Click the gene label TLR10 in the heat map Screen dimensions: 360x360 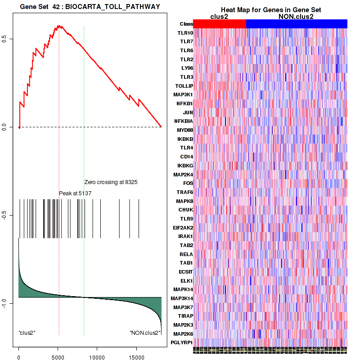tap(185, 33)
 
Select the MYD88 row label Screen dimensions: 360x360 tap(185, 130)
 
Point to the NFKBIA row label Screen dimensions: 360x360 tap(184, 121)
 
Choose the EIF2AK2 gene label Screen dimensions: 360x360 tap(183, 227)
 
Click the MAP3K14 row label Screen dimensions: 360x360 tap(183, 298)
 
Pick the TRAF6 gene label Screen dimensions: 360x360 tap(185, 192)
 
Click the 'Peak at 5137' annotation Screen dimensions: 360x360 tap(75, 193)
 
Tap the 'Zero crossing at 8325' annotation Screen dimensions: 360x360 tap(111, 182)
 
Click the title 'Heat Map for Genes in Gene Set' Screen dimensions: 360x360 tap(264, 10)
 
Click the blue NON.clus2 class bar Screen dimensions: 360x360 tap(297, 24)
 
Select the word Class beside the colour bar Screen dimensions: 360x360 tap(186, 24)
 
